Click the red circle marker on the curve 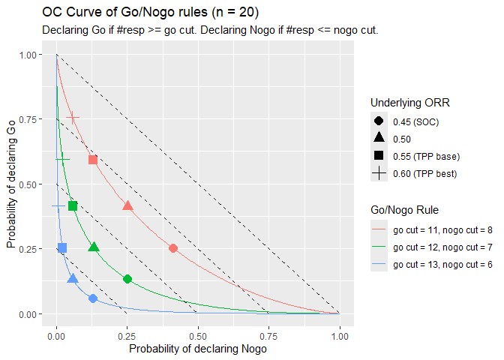click(x=173, y=248)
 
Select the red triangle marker click(x=127, y=205)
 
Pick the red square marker click(x=93, y=160)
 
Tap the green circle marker click(x=127, y=279)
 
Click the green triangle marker click(x=94, y=247)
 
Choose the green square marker click(x=73, y=206)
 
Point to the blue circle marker click(x=93, y=298)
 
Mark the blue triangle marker click(x=73, y=279)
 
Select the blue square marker click(x=62, y=248)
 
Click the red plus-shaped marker click(x=73, y=118)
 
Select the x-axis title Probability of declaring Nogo click(x=197, y=349)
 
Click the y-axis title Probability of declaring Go click(x=12, y=184)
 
